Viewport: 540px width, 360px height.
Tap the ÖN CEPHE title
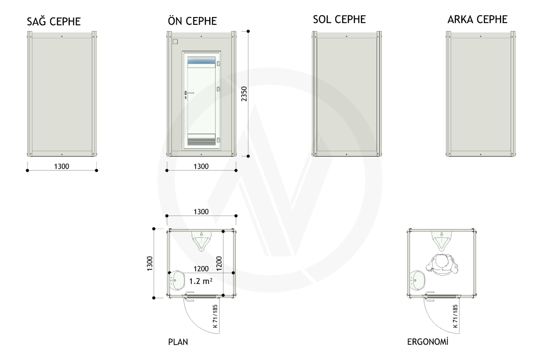(x=192, y=21)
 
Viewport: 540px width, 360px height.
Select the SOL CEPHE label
(x=339, y=19)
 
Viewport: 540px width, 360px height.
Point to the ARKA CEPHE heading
(x=477, y=19)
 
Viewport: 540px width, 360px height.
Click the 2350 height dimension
(x=244, y=94)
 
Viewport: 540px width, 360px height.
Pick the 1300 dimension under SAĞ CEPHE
(x=62, y=166)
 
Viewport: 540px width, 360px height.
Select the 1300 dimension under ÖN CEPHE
(x=201, y=166)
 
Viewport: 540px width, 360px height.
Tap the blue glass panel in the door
(x=201, y=60)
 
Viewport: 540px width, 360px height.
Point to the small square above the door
(x=175, y=42)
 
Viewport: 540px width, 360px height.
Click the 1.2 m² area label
(x=201, y=281)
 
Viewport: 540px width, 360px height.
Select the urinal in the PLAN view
(x=202, y=241)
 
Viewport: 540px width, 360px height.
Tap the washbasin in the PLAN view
(x=177, y=280)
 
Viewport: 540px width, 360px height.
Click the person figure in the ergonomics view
(x=442, y=265)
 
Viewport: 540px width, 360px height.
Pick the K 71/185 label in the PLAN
(x=215, y=316)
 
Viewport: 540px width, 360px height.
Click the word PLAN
(x=178, y=342)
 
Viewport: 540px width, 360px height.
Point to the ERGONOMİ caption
(x=427, y=342)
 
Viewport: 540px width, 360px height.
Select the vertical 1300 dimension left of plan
(x=150, y=264)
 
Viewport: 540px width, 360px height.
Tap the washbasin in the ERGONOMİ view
(x=418, y=280)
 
